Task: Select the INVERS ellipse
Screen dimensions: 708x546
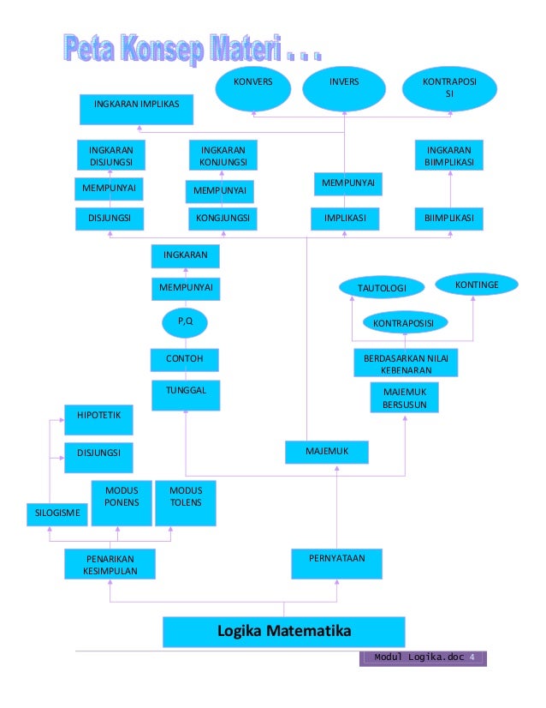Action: pos(344,89)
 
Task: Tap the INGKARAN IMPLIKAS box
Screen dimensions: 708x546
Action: pos(136,108)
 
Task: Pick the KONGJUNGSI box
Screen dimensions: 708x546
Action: pos(223,219)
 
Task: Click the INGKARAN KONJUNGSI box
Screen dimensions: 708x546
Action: pos(223,156)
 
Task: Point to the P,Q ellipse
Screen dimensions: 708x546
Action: pos(186,322)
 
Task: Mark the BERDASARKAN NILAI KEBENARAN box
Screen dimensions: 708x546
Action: pos(406,363)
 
